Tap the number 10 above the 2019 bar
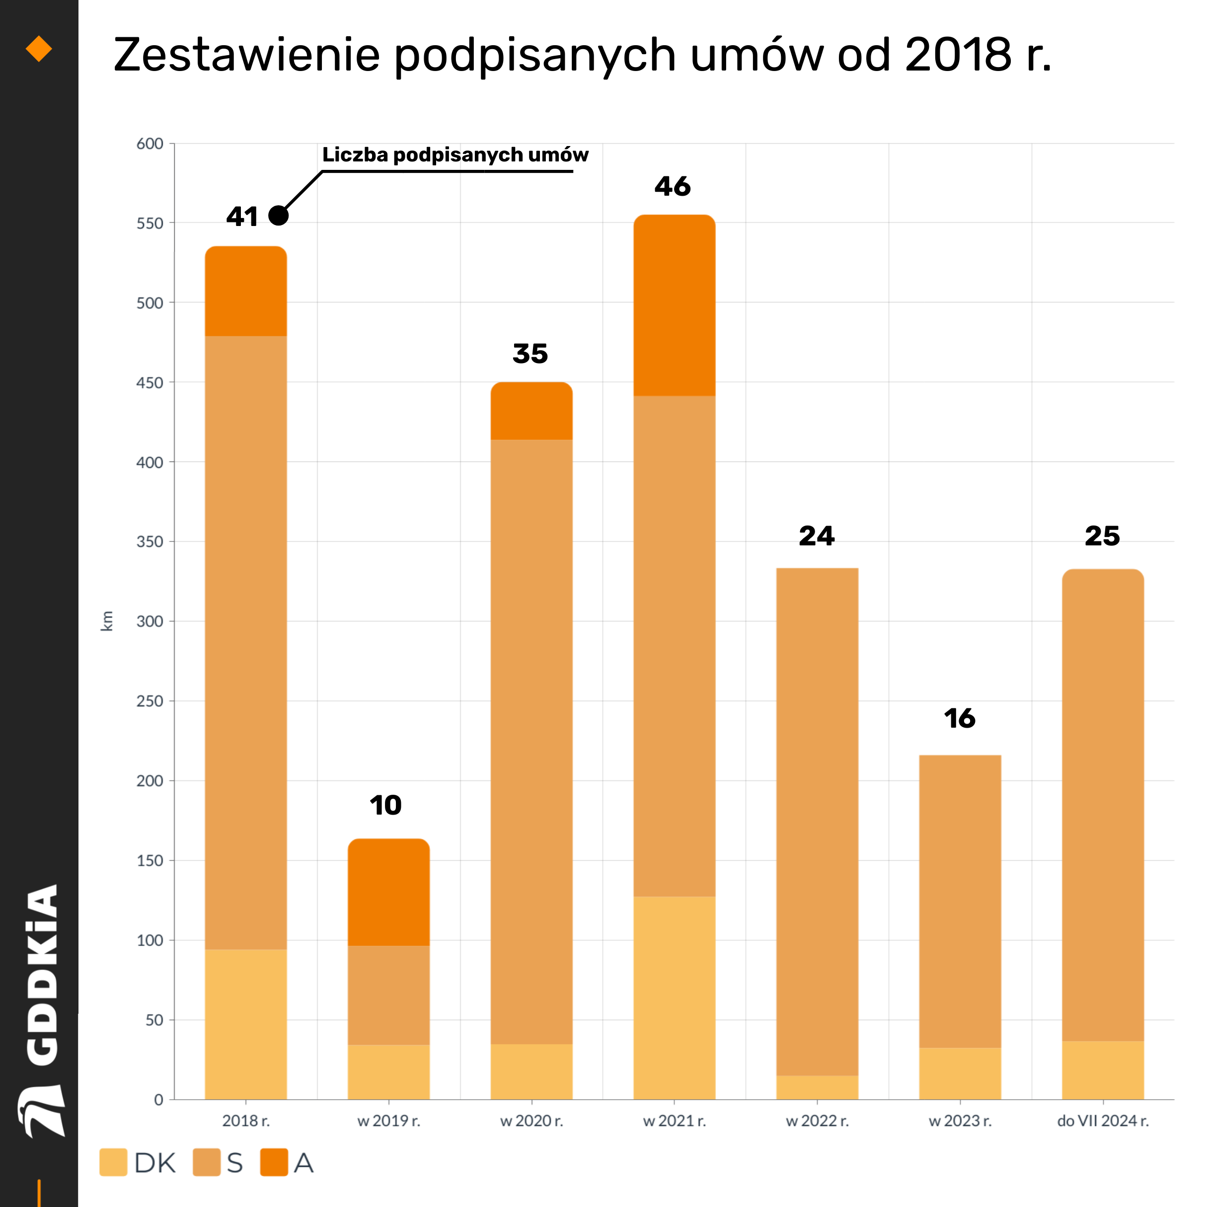(x=385, y=805)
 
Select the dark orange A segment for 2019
(x=388, y=892)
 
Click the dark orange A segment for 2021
(x=674, y=305)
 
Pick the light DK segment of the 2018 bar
(x=245, y=1025)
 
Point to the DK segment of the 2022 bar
(x=817, y=1088)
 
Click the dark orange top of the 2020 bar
(x=531, y=411)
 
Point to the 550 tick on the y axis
(x=150, y=224)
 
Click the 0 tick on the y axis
(x=158, y=1100)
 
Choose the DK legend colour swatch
(x=113, y=1162)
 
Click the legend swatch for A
(x=274, y=1162)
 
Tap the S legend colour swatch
(x=206, y=1162)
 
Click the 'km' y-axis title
(x=107, y=621)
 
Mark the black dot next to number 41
(x=278, y=216)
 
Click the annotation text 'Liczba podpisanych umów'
(x=455, y=155)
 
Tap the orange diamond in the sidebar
(x=39, y=49)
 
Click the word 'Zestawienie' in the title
(x=246, y=55)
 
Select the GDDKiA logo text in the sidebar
(x=43, y=975)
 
